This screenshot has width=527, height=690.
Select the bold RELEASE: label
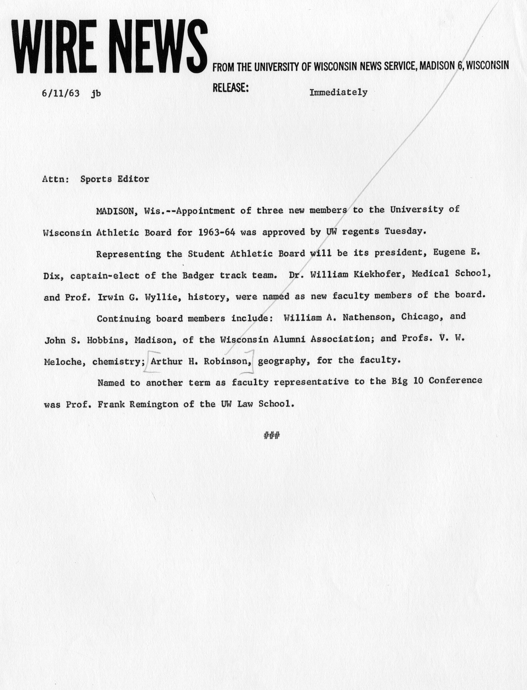click(231, 88)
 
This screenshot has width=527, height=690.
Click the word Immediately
click(338, 93)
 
